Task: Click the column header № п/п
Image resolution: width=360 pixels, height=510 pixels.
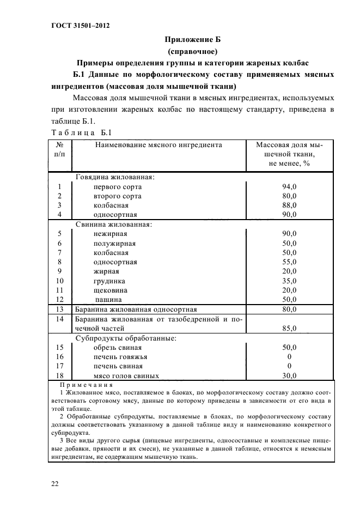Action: [x=60, y=150]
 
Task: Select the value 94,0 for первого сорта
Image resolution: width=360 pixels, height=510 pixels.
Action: [x=289, y=186]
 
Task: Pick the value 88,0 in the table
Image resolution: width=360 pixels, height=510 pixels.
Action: [x=289, y=205]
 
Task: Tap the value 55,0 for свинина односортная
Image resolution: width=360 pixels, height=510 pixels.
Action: [x=289, y=262]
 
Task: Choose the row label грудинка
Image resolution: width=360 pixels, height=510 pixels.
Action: [x=111, y=281]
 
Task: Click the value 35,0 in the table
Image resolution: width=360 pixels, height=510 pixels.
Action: [x=289, y=281]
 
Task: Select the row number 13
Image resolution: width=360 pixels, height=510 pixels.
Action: [x=60, y=309]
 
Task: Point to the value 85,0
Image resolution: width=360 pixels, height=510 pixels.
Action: [x=289, y=328]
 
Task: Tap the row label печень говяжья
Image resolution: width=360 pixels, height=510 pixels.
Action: [x=120, y=357]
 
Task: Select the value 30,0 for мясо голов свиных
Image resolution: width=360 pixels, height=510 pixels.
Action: [x=289, y=375]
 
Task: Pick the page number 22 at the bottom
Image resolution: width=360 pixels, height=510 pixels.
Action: [x=55, y=483]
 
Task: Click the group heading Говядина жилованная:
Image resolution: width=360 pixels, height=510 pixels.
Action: [x=115, y=177]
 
